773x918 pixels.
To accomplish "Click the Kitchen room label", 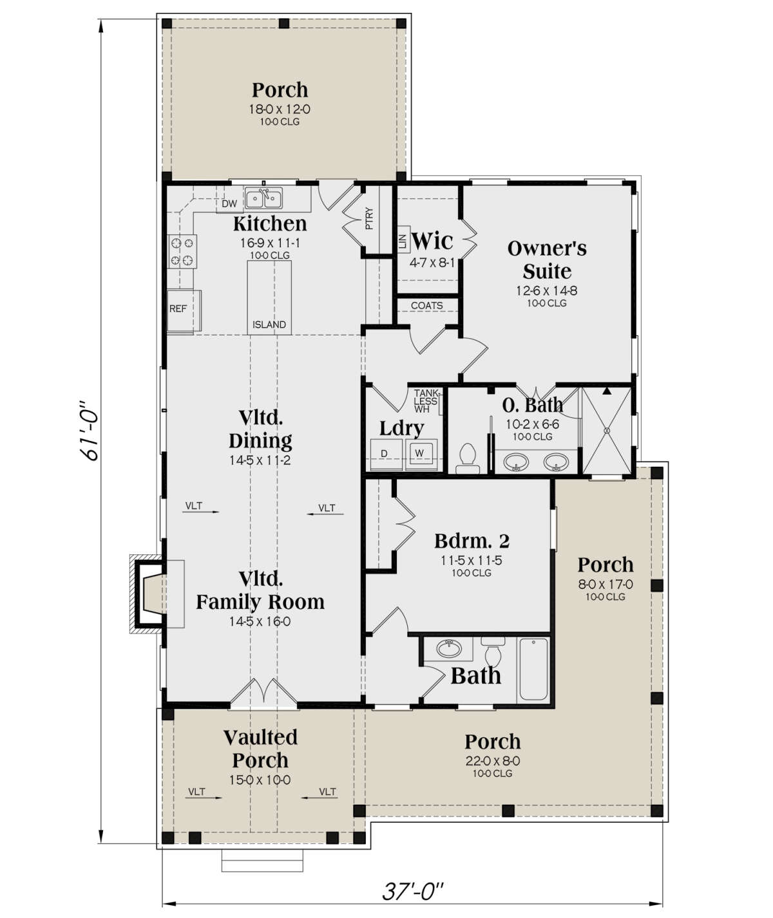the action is point(270,224).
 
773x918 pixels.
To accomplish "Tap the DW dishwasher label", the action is point(229,203).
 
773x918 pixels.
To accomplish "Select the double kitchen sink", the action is point(263,199).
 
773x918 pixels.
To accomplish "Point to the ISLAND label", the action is point(269,324).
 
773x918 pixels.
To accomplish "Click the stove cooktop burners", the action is point(182,252).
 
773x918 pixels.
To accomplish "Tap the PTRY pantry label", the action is point(369,218).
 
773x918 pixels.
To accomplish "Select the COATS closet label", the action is point(426,306).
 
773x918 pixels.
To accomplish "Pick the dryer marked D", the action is point(386,454).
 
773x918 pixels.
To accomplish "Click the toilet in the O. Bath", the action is point(467,458).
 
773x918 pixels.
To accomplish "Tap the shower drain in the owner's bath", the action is point(607,431).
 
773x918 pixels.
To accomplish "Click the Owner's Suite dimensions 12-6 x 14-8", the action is point(546,290).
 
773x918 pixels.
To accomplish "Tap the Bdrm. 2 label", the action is point(472,541).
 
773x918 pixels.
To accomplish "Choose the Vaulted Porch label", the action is point(260,749).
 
